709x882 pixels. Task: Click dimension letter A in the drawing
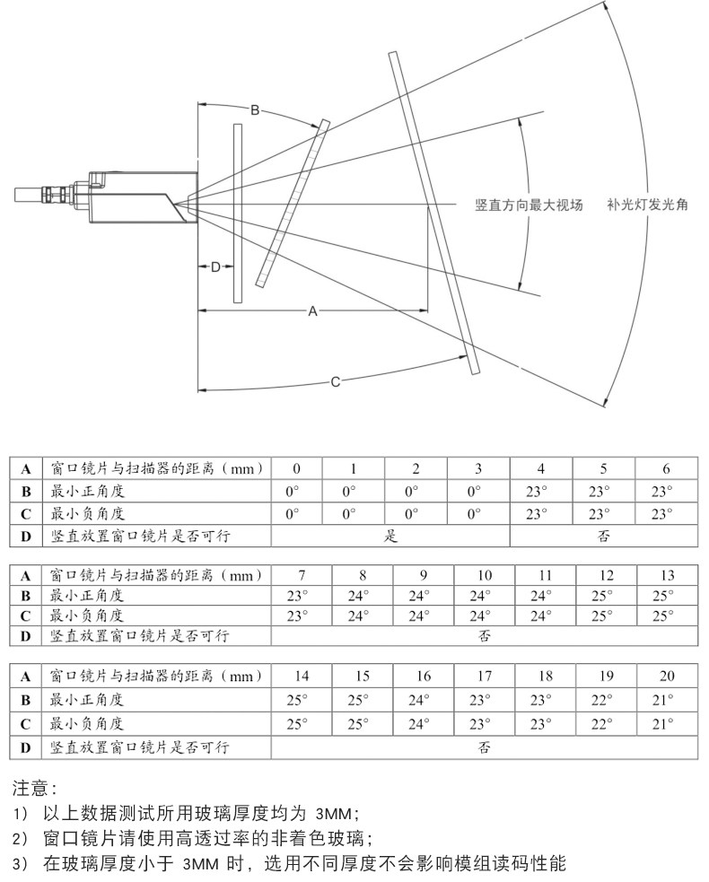pos(312,310)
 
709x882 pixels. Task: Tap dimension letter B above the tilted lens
pos(255,110)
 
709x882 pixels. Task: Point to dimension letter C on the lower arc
pos(335,382)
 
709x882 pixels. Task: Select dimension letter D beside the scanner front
pos(215,266)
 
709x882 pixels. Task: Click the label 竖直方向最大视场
pos(529,205)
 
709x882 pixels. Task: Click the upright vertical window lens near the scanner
pos(238,213)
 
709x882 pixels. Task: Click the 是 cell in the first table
pos(390,537)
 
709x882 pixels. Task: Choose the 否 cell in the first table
pos(603,537)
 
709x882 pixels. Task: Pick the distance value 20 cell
pos(666,677)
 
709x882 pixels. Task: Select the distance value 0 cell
pos(296,468)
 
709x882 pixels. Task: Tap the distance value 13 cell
pos(666,574)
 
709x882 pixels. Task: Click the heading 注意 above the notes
pos(34,790)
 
